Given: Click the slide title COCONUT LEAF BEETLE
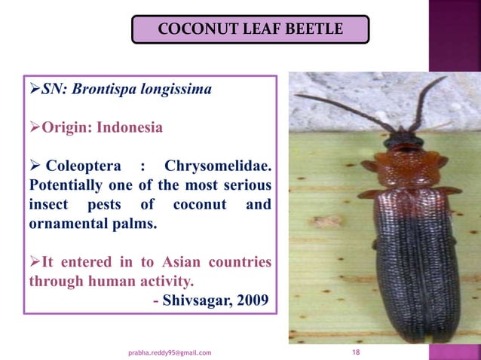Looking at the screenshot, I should click(250, 30).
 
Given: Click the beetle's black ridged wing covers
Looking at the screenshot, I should click(411, 264).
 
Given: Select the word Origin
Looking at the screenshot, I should click(63, 127).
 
